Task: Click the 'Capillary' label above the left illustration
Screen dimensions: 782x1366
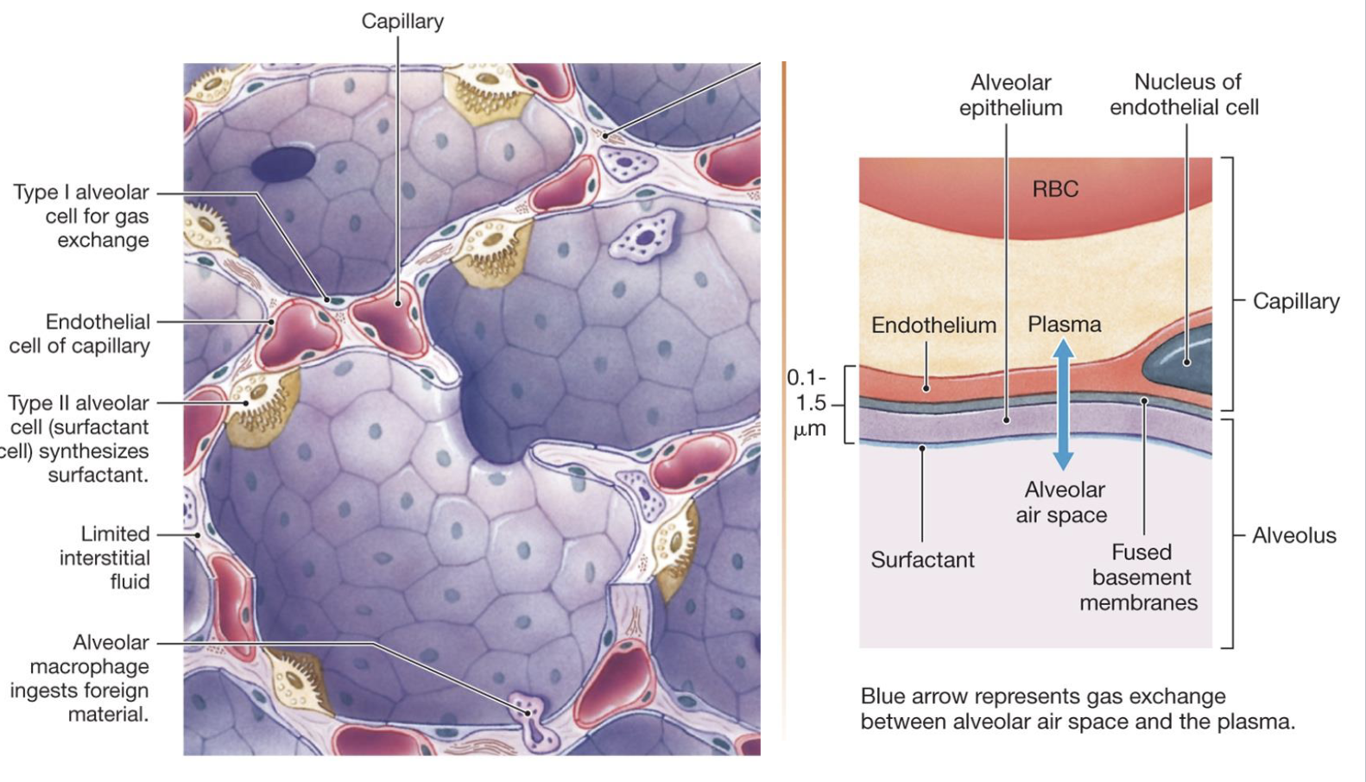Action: pyautogui.click(x=402, y=22)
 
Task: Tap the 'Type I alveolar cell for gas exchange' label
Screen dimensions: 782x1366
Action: pyautogui.click(x=81, y=216)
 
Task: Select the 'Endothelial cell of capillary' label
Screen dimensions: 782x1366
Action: pyautogui.click(x=79, y=333)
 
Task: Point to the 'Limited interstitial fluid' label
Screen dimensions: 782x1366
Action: pyautogui.click(x=104, y=558)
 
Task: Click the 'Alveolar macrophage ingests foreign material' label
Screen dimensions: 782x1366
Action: pyautogui.click(x=79, y=678)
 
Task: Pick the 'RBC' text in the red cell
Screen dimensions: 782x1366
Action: pyautogui.click(x=1055, y=189)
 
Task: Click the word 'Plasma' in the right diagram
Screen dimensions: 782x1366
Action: pyautogui.click(x=1065, y=325)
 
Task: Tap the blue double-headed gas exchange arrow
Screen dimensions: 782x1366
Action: pyautogui.click(x=1064, y=403)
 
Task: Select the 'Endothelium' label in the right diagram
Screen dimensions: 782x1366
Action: pyautogui.click(x=933, y=325)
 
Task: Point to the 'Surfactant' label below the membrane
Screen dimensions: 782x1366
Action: pyautogui.click(x=922, y=560)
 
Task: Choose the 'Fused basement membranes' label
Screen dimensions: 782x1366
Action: pyautogui.click(x=1140, y=577)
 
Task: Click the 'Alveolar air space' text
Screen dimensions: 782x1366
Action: pyautogui.click(x=1063, y=502)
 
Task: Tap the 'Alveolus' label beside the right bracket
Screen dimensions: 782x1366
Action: pyautogui.click(x=1293, y=536)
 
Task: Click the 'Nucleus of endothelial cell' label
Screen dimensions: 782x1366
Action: pyautogui.click(x=1185, y=94)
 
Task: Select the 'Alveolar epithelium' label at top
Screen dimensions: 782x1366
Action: pyautogui.click(x=1010, y=95)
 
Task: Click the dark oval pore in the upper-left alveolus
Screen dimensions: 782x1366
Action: pyautogui.click(x=283, y=164)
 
